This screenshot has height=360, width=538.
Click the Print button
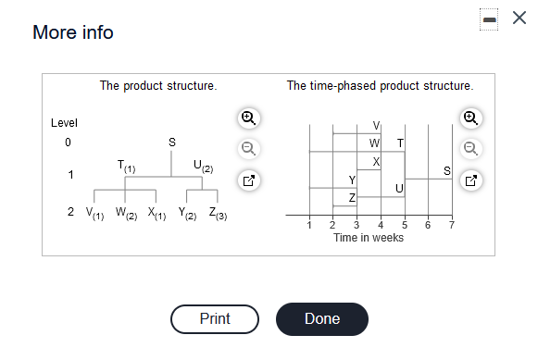(x=215, y=318)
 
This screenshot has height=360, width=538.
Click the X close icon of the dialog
(x=519, y=19)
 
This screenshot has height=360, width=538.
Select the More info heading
(x=73, y=32)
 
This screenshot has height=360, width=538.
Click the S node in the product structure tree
(x=171, y=142)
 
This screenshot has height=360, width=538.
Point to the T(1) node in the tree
(x=127, y=166)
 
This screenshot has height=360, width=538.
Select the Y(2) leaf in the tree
(x=187, y=212)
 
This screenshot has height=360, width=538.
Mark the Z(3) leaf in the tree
(x=218, y=212)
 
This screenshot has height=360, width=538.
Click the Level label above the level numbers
(x=64, y=123)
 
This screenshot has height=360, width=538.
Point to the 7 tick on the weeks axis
(x=451, y=225)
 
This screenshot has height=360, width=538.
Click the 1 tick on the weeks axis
(x=309, y=225)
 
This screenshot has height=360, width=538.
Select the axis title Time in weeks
(x=369, y=238)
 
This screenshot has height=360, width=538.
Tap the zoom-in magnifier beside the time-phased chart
(x=471, y=118)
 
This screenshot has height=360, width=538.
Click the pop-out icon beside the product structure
(x=247, y=180)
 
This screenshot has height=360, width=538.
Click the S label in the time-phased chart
(x=447, y=171)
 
